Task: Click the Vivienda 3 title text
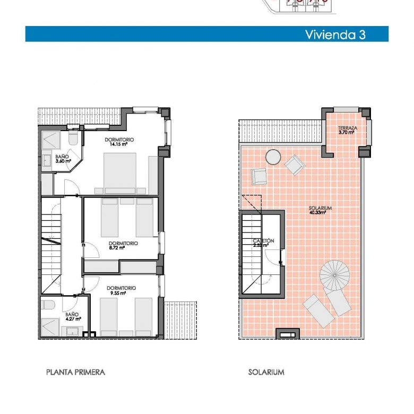point(335,34)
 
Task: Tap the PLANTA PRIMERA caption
point(75,372)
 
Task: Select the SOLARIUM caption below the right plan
point(266,372)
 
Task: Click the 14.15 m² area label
point(119,144)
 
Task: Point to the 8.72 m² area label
point(117,248)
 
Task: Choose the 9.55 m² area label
point(118,293)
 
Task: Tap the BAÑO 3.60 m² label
point(63,159)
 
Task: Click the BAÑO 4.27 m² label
point(73,316)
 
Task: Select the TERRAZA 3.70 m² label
point(347,130)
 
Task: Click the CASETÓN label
point(263,241)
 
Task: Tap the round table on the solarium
point(273,157)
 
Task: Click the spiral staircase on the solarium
point(334,275)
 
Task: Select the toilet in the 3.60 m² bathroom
point(73,137)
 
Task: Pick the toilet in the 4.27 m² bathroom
point(48,305)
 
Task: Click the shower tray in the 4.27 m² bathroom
point(50,327)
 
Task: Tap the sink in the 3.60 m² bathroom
point(47,160)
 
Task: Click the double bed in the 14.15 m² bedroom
point(120,173)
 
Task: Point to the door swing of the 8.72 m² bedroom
point(91,250)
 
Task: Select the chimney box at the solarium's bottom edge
point(288,334)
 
